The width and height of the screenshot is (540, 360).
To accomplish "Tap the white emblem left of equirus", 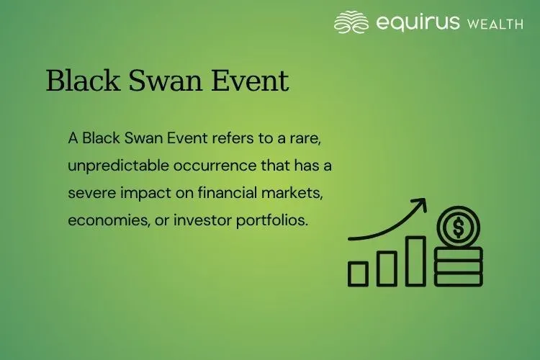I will pos(351,22).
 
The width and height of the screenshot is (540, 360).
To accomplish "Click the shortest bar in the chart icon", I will pos(358,273).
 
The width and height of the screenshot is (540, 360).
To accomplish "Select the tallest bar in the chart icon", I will pos(415,261).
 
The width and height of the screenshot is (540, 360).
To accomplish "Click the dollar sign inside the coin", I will pos(458,228).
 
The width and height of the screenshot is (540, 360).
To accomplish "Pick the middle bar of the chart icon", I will pos(387,267).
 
